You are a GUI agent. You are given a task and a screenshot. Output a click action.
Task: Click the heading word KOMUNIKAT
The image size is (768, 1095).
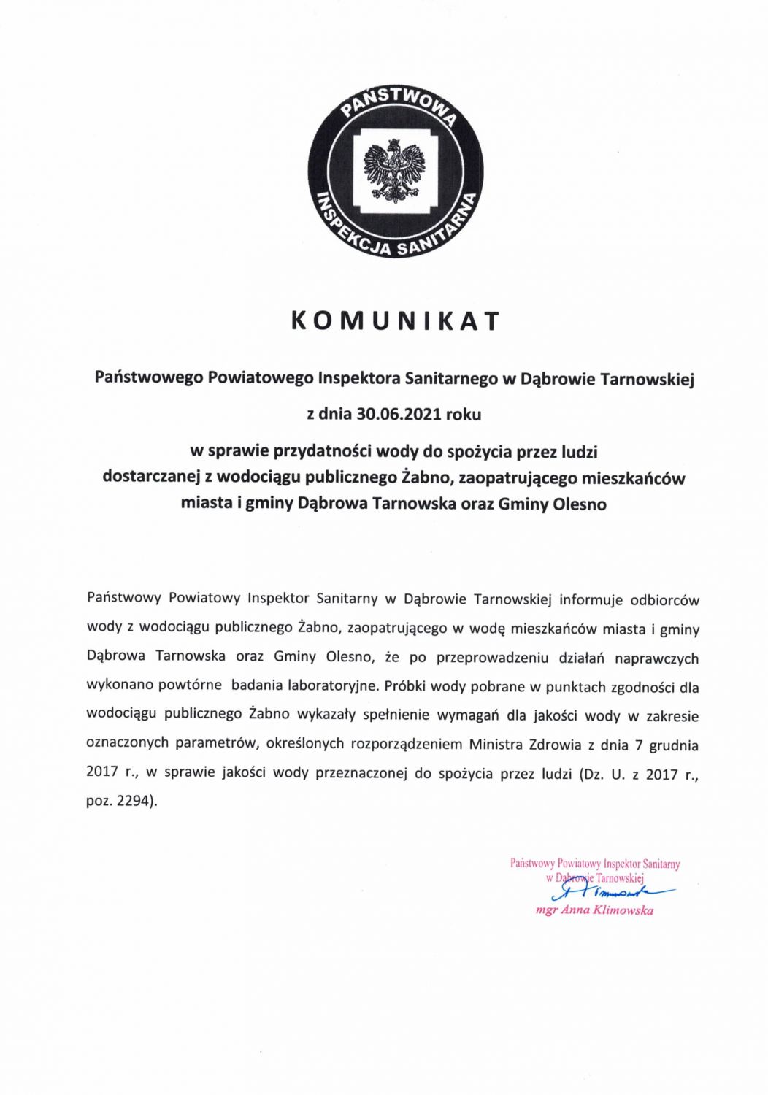pyautogui.click(x=395, y=321)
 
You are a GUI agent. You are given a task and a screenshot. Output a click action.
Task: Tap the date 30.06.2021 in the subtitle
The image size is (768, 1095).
pyautogui.click(x=399, y=414)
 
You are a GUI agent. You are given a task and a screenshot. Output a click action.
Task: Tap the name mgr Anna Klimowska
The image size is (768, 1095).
pyautogui.click(x=594, y=910)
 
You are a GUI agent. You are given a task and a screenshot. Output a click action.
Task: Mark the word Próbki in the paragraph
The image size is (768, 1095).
pyautogui.click(x=405, y=686)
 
